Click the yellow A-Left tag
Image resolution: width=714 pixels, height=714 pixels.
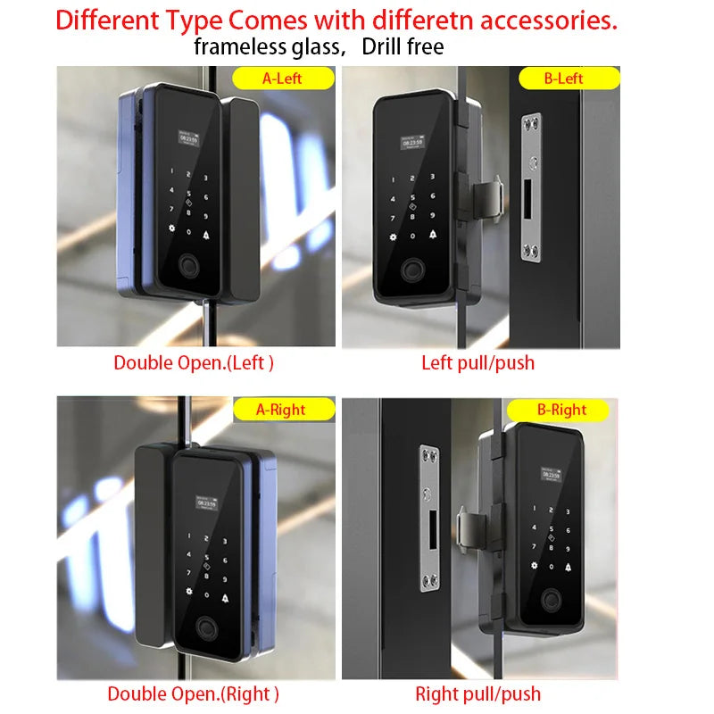[281, 79]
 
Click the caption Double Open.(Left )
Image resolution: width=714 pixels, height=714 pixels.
[193, 363]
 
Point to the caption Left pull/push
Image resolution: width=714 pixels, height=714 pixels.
[478, 363]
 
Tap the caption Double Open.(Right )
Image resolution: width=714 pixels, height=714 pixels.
[193, 693]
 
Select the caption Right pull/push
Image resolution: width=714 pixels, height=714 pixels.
[478, 693]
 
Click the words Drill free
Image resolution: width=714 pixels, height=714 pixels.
[403, 47]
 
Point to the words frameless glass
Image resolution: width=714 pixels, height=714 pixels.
[268, 47]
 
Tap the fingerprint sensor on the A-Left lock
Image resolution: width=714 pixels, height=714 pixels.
[188, 265]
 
